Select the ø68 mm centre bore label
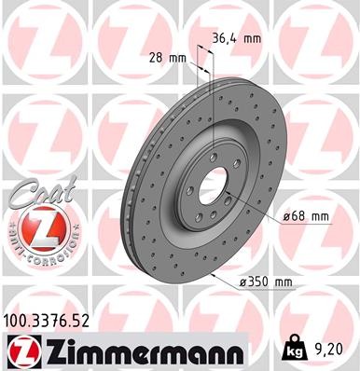pos(308,216)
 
